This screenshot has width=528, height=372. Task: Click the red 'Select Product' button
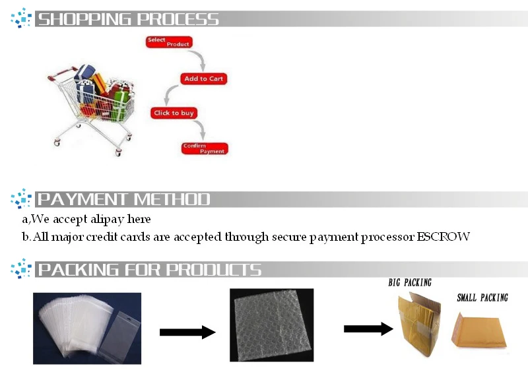click(x=168, y=42)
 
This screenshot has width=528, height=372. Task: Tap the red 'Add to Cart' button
click(x=204, y=78)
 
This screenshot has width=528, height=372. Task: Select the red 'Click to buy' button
click(x=174, y=113)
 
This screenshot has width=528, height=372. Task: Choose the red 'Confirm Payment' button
click(x=205, y=148)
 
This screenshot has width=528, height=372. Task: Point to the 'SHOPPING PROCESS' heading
click(x=128, y=19)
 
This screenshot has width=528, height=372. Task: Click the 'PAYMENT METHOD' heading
click(x=123, y=199)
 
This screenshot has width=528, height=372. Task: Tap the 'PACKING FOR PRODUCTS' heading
click(x=149, y=270)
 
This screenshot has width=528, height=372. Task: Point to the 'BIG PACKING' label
click(x=410, y=283)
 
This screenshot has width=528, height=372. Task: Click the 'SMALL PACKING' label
click(x=482, y=298)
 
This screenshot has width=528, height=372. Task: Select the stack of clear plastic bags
click(x=87, y=327)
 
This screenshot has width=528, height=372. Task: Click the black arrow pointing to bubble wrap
click(x=187, y=332)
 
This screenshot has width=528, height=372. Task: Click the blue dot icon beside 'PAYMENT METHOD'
click(x=21, y=199)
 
